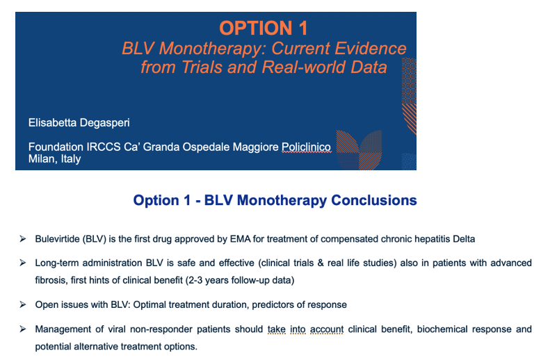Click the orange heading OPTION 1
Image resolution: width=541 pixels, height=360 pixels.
click(x=264, y=28)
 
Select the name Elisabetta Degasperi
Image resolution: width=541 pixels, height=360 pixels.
click(x=79, y=123)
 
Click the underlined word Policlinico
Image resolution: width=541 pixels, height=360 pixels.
click(x=306, y=147)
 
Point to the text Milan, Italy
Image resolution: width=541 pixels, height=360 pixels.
click(x=54, y=159)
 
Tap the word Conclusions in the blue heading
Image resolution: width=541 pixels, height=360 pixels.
click(x=373, y=200)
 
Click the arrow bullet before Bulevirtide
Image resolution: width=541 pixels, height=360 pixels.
click(x=23, y=239)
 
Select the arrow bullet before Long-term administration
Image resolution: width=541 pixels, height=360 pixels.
click(x=23, y=263)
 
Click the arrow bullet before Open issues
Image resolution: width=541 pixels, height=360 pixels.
click(x=23, y=304)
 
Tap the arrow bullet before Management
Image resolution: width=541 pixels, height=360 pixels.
click(x=23, y=329)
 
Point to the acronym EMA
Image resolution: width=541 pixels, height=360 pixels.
click(x=240, y=239)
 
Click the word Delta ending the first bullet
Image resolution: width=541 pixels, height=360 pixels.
click(x=464, y=239)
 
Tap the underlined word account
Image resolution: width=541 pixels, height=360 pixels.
click(x=327, y=329)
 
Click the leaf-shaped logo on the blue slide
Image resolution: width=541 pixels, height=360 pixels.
click(x=359, y=150)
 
